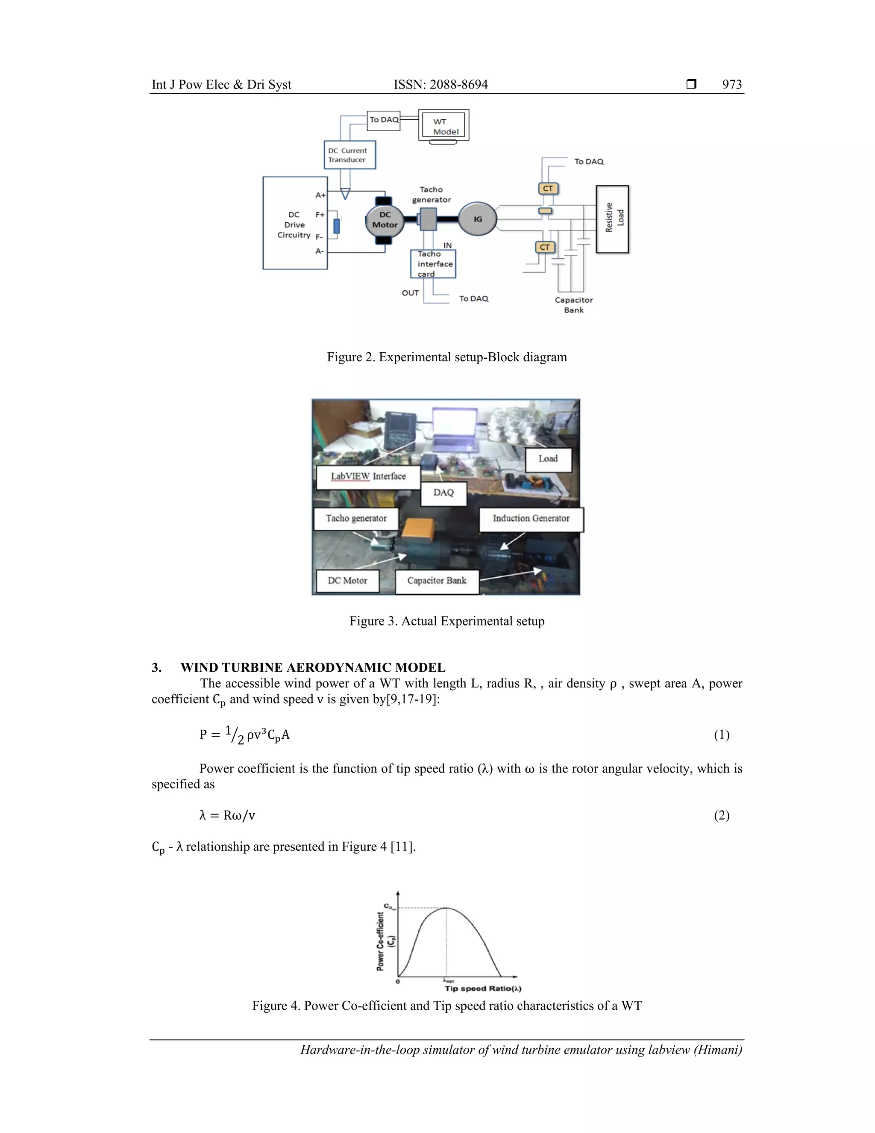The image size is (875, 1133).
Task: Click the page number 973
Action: pyautogui.click(x=731, y=85)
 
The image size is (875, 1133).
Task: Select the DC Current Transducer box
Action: pyautogui.click(x=349, y=155)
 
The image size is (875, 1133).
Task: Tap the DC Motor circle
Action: pyautogui.click(x=385, y=220)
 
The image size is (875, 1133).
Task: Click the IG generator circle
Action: pyautogui.click(x=477, y=219)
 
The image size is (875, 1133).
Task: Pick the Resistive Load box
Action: pyautogui.click(x=612, y=219)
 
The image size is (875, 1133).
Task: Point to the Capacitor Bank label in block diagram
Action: pyautogui.click(x=573, y=304)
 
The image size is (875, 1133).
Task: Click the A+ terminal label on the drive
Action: pyautogui.click(x=320, y=195)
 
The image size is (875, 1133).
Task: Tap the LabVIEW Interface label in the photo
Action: pyautogui.click(x=368, y=476)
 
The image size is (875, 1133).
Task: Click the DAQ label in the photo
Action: pyautogui.click(x=443, y=493)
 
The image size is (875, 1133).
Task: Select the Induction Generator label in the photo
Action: pyautogui.click(x=531, y=518)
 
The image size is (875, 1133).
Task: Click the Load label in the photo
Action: pyautogui.click(x=548, y=459)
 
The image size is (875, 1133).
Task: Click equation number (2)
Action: pyautogui.click(x=721, y=815)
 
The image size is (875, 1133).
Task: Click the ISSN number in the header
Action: pyautogui.click(x=440, y=85)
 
